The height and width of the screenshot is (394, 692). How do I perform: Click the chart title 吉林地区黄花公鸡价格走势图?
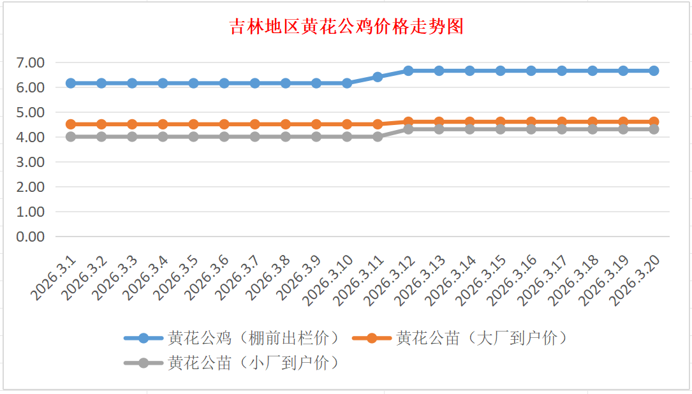coord(346,27)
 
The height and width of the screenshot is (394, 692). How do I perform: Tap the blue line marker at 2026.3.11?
coord(378,77)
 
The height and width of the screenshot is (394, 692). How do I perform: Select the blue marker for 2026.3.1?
coord(71,83)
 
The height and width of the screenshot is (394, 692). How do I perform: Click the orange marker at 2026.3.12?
coord(408,121)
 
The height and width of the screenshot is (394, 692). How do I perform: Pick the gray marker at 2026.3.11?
coord(378,136)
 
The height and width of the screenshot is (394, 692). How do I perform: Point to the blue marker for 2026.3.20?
coord(654,71)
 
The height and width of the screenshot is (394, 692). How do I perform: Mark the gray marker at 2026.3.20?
coord(654,129)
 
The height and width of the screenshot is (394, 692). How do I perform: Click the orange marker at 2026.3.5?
coord(193,124)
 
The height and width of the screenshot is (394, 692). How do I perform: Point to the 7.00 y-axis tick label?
coord(31,62)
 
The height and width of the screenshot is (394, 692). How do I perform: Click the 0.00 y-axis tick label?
coord(31,237)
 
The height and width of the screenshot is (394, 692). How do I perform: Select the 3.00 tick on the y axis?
coord(31,162)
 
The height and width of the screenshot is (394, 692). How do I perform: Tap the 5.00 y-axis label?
coord(31,112)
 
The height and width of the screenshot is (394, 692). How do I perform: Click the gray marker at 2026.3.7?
coord(255,136)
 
